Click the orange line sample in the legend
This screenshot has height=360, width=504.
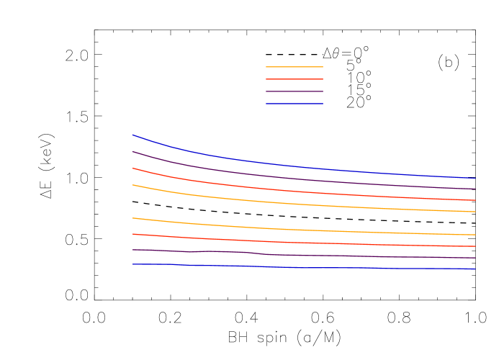(294, 67)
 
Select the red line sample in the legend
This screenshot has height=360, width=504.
(294, 79)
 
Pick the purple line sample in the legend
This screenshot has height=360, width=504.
(294, 91)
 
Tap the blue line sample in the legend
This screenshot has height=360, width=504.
(294, 104)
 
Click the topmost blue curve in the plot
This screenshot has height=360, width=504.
(288, 166)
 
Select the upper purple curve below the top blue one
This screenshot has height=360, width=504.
(288, 178)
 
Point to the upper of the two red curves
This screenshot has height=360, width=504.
(288, 191)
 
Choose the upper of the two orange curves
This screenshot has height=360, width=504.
(288, 203)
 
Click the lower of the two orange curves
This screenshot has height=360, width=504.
(288, 229)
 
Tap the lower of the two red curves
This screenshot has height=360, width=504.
(288, 242)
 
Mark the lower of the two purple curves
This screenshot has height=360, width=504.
(288, 255)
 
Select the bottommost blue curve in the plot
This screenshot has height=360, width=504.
(288, 267)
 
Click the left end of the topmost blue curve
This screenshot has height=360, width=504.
(132, 135)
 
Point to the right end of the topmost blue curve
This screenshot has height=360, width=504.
(474, 178)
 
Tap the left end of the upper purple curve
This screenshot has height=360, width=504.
(132, 151)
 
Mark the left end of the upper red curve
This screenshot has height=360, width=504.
(132, 168)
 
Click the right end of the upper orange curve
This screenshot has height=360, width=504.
(474, 212)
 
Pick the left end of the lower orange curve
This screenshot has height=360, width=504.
(132, 217)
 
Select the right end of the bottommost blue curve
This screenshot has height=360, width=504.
(474, 269)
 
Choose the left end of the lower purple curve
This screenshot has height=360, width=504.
(132, 250)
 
